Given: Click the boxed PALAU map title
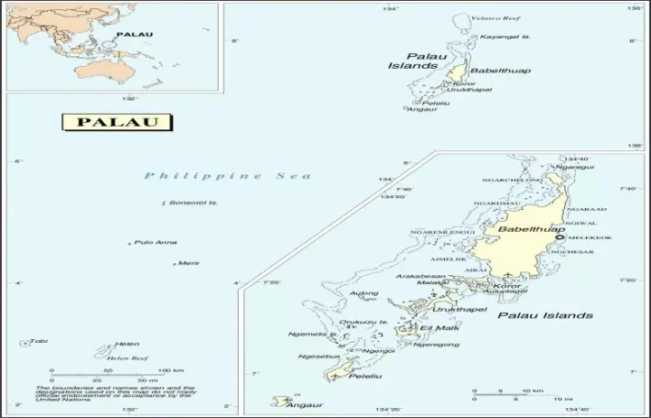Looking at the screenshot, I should tap(118, 122).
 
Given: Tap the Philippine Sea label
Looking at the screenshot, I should tap(228, 176).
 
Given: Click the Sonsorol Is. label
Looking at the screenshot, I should tap(194, 203).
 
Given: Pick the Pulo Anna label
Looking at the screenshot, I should tap(156, 242).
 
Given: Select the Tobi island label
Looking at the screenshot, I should tap(39, 341).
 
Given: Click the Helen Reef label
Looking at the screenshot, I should tap(128, 358).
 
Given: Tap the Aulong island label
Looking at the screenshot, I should tap(364, 293).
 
